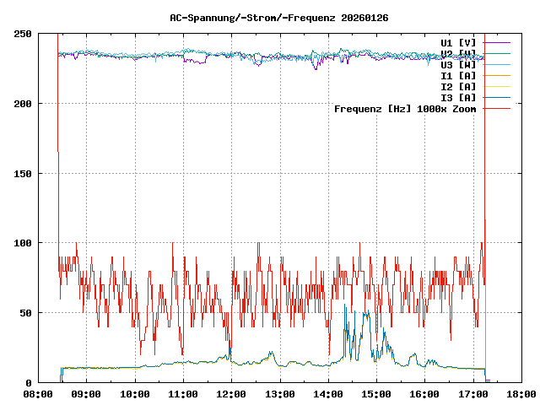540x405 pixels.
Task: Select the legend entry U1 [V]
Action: tap(458, 42)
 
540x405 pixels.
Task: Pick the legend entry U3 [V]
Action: tap(458, 64)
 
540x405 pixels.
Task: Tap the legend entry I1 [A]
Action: tap(458, 75)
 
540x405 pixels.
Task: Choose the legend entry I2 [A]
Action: tap(458, 86)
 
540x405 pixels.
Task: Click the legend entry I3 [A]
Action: tap(458, 97)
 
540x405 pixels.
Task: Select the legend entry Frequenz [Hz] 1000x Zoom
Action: tap(405, 109)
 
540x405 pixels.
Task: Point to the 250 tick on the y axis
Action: tap(23, 34)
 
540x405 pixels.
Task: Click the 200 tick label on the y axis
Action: tap(23, 104)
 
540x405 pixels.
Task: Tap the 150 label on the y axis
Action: tap(23, 174)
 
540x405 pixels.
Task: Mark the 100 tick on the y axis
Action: tap(23, 243)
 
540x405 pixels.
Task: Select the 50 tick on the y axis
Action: tap(25, 313)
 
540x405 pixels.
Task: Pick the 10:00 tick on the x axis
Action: tap(135, 393)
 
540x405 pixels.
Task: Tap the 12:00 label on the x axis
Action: tap(231, 393)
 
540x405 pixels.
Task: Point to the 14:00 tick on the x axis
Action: tap(327, 393)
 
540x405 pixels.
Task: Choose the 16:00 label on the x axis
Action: tap(424, 393)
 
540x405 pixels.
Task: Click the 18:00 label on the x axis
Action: tap(520, 393)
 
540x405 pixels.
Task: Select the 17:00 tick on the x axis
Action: tap(472, 393)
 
